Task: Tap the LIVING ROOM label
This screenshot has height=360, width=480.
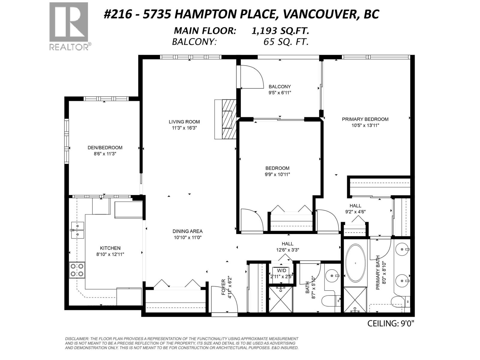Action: pyautogui.click(x=184, y=122)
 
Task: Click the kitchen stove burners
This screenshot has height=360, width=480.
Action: pyautogui.click(x=77, y=270)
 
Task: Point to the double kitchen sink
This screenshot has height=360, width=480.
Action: pyautogui.click(x=78, y=230)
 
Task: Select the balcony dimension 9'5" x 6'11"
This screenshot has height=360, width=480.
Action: pyautogui.click(x=280, y=93)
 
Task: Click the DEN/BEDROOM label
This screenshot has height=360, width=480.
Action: pyautogui.click(x=105, y=148)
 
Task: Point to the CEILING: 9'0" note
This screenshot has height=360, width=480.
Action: pyautogui.click(x=391, y=323)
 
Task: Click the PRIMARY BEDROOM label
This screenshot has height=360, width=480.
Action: pyautogui.click(x=365, y=119)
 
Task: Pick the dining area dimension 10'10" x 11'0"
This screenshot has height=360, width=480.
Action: pyautogui.click(x=187, y=237)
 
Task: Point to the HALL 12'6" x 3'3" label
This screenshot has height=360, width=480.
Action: pyautogui.click(x=287, y=247)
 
